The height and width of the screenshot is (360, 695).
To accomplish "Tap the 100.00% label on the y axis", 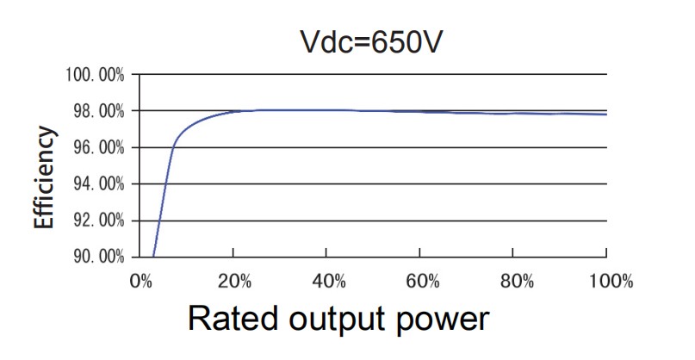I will [x=95, y=75].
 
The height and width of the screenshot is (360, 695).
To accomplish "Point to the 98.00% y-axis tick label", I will [x=96, y=111].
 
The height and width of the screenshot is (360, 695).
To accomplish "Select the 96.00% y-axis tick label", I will [x=96, y=148].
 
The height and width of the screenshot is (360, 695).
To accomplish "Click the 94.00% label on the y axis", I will [x=96, y=184].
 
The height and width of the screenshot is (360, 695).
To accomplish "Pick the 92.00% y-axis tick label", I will [x=96, y=220].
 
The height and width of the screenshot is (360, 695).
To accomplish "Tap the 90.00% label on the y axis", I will [x=96, y=257].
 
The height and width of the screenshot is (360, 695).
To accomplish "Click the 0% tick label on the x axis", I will [x=140, y=281].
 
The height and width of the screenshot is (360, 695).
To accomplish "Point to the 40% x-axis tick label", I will [x=326, y=281].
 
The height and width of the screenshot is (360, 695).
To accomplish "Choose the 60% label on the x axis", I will [x=419, y=281].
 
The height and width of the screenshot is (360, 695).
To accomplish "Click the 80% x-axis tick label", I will [x=512, y=281].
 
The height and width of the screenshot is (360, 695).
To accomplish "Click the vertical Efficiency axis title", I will [x=45, y=178].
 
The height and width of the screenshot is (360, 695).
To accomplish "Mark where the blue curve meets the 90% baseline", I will [x=153, y=257].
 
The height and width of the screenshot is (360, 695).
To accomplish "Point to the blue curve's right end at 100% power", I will [x=606, y=114].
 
